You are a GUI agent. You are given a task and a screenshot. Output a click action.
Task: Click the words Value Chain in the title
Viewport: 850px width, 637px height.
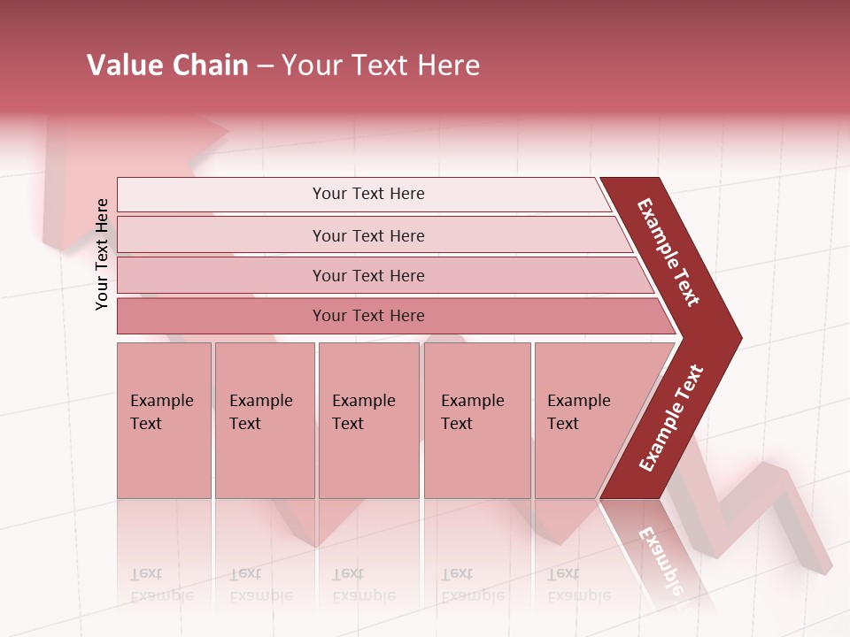167,65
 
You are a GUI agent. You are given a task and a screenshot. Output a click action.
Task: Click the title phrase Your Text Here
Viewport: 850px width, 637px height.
381,65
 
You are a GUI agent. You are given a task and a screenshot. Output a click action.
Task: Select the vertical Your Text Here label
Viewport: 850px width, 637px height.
102,254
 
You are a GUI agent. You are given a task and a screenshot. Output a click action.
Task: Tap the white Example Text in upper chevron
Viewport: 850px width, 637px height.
668,252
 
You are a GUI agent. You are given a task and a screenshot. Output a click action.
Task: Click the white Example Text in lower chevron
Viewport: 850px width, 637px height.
670,418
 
